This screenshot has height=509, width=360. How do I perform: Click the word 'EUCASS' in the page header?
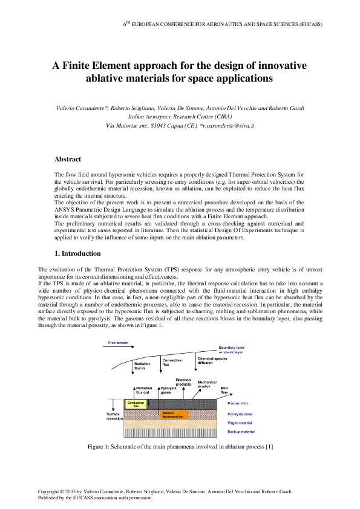309,24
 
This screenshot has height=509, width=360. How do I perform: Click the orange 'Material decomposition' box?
174,415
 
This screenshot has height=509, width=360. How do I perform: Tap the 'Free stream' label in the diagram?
118,343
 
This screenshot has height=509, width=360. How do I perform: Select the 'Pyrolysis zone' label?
240,414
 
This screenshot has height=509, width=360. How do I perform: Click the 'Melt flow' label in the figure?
224,390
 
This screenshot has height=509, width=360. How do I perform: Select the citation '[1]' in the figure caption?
270,447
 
